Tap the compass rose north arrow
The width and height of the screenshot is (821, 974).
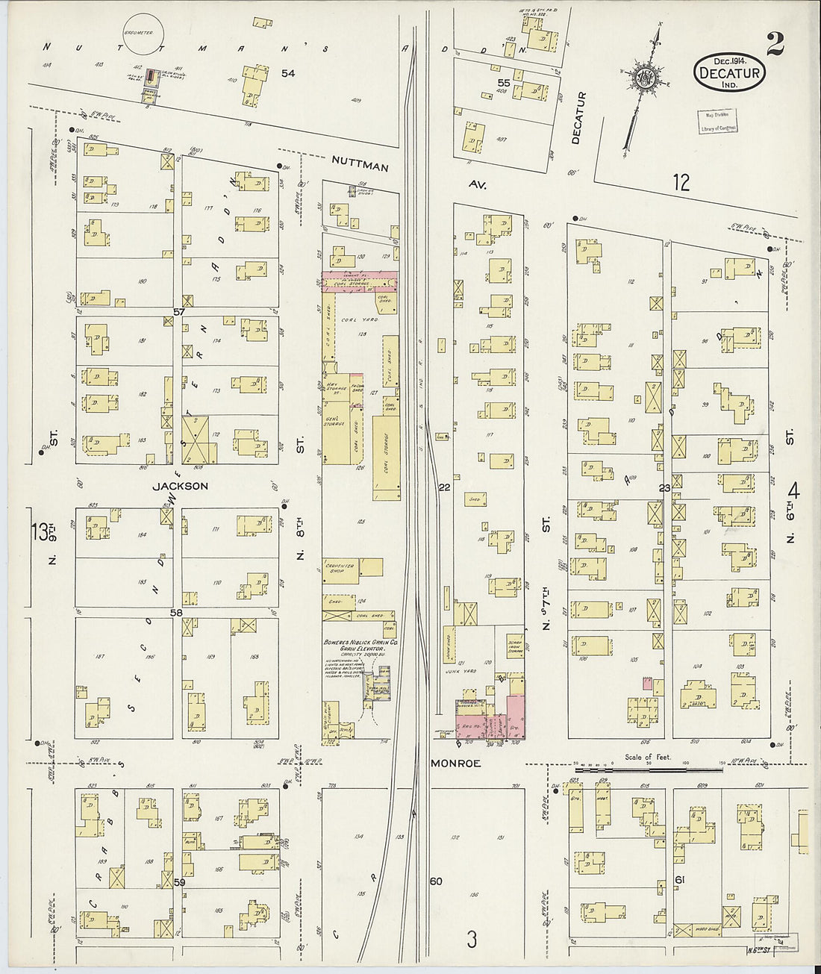click(643, 78)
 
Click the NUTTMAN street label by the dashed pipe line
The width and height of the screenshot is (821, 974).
click(360, 168)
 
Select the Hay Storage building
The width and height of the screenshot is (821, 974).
click(334, 387)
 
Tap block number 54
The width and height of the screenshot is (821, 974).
click(288, 72)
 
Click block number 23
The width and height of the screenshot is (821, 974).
click(664, 488)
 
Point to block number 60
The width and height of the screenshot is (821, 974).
click(437, 881)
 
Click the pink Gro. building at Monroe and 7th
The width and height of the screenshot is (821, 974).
click(514, 718)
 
